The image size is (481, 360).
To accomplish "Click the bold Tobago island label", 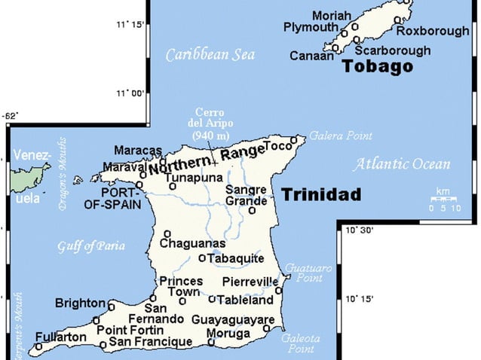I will [377, 66].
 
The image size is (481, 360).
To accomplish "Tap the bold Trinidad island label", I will [321, 195].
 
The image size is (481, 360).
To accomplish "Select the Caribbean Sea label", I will [210, 54].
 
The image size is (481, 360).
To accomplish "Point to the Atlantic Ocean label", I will [402, 163].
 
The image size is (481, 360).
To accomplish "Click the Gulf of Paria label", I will [90, 246].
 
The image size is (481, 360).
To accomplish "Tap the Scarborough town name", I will [393, 50].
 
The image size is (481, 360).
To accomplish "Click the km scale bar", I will [445, 199].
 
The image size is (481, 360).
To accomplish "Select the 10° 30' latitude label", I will [360, 230].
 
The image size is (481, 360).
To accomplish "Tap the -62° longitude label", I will [11, 115].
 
